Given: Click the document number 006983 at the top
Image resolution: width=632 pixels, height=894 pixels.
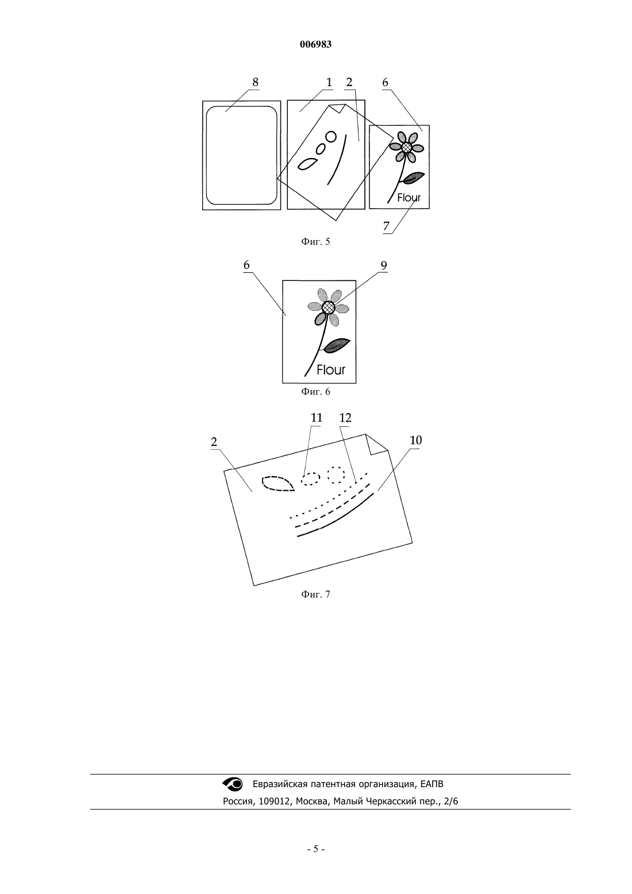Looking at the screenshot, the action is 315,45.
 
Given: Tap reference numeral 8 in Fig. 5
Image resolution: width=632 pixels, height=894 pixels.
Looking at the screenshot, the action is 255,82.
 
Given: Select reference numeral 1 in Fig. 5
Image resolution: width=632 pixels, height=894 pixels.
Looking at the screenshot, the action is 329,82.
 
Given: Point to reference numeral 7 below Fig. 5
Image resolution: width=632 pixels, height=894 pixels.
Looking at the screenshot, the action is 386,226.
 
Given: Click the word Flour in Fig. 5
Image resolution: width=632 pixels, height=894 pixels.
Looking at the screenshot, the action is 409,198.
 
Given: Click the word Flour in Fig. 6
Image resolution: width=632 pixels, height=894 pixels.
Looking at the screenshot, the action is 331,369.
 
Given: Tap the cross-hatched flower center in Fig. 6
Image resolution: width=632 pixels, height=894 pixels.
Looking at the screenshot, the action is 329,307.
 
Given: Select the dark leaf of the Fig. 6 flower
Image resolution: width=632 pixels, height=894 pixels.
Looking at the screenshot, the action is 337,345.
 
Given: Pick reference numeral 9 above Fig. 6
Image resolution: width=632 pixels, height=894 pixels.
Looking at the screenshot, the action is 384,265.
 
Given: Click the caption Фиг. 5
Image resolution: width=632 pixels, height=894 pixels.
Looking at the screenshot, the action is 315,241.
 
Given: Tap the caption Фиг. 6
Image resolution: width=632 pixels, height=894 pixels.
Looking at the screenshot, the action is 315,391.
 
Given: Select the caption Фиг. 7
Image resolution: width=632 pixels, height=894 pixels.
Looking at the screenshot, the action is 315,594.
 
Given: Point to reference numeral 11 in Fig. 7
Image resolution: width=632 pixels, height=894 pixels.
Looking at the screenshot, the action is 317,418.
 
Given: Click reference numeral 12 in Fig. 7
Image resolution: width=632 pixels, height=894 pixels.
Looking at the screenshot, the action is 345,418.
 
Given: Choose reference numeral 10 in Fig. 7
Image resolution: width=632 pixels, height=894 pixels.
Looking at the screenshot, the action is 416,440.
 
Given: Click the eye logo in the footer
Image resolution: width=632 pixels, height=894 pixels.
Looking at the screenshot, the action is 232,784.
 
